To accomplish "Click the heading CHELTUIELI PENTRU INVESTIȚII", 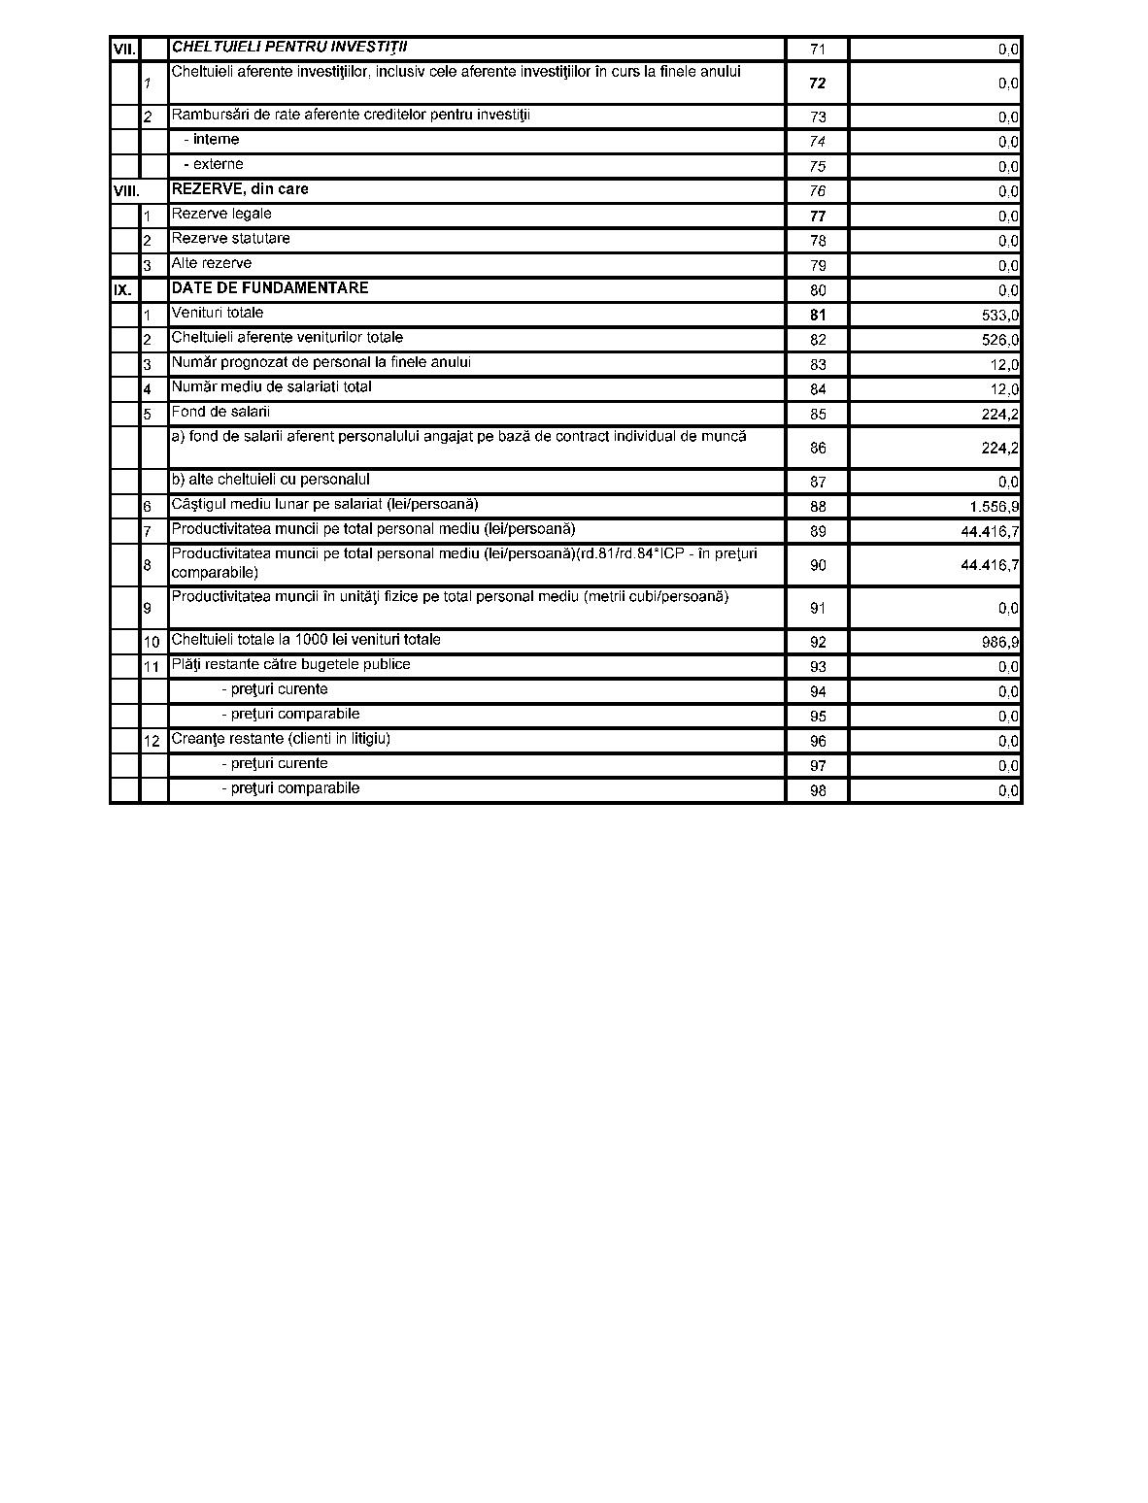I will [x=289, y=47].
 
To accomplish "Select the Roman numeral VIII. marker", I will [x=126, y=191].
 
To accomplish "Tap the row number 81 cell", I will [x=818, y=316].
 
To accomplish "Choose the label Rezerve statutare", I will [x=230, y=239].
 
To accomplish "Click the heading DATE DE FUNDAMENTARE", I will [x=270, y=288].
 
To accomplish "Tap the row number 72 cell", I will [x=818, y=83].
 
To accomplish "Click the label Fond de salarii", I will [x=220, y=412].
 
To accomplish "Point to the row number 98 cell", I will [x=818, y=790].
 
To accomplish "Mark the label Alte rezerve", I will [x=212, y=263].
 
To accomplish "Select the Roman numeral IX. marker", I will [x=122, y=290].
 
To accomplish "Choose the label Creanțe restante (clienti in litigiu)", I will [x=281, y=739].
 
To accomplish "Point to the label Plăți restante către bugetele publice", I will [x=290, y=665].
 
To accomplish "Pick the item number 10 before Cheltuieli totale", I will [x=152, y=643].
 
